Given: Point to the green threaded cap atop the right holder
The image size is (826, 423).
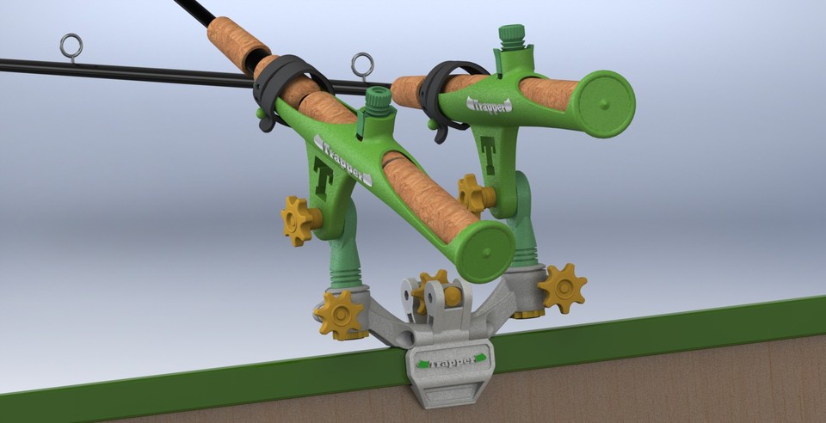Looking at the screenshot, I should click(512, 37).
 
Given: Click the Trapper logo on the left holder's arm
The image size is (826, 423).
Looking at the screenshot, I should click(343, 160).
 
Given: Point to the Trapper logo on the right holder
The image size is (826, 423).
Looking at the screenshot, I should click(489, 105).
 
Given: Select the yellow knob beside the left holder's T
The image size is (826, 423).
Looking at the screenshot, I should click(299, 219).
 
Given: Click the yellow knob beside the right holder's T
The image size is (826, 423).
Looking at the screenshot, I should click(472, 193).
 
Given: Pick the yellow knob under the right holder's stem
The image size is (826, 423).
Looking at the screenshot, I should click(562, 287).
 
